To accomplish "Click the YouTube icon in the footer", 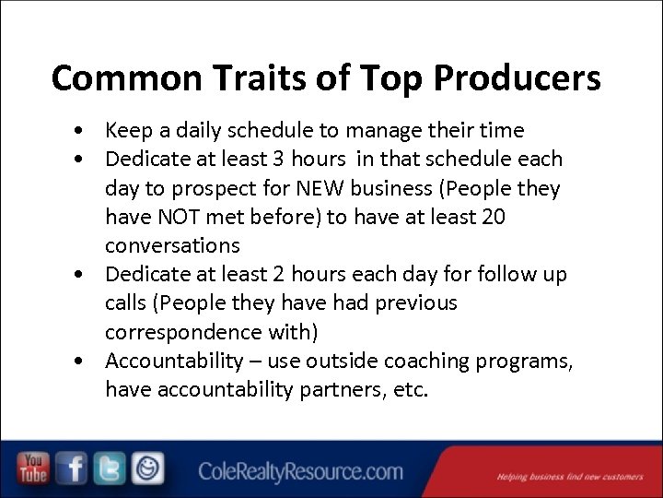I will click(x=33, y=468).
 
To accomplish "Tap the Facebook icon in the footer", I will click(x=72, y=468).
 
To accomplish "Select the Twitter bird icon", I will click(x=110, y=468).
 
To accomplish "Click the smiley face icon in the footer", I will click(x=146, y=468).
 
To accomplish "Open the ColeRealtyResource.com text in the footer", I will click(x=300, y=472).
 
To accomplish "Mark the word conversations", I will click(x=172, y=245).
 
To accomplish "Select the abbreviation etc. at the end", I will click(x=409, y=390).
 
